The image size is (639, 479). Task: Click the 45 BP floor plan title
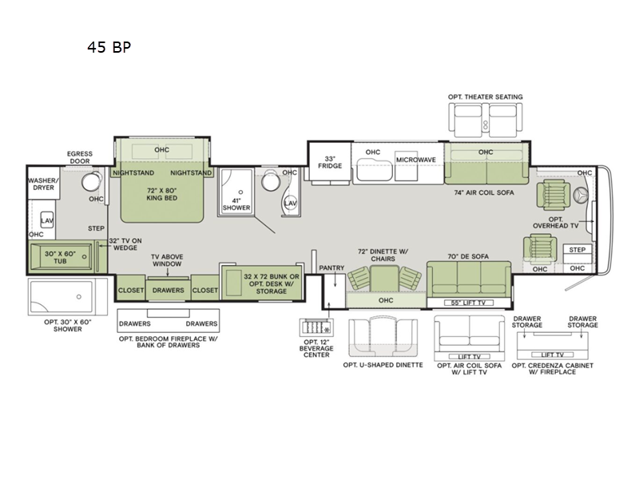(109, 47)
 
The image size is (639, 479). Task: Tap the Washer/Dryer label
(43, 184)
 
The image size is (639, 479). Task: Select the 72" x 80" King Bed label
(162, 194)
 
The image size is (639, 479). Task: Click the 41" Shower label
(236, 204)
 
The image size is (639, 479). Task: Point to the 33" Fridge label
(330, 162)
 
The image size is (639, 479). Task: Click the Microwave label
(415, 160)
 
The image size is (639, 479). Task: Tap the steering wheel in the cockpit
(580, 195)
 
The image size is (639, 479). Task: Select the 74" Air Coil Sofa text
(484, 192)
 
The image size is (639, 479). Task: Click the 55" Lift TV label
(468, 303)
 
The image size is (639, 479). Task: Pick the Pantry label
(331, 267)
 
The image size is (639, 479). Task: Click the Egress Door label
(79, 157)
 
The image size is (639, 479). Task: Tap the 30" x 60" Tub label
(60, 257)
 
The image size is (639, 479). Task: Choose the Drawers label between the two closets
(168, 291)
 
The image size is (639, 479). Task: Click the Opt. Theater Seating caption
(485, 97)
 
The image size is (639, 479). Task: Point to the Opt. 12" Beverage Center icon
(316, 327)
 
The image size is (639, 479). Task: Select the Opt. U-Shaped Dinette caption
(383, 365)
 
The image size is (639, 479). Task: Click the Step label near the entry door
(577, 250)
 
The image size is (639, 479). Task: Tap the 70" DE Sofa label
(468, 256)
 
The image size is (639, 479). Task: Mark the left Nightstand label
(133, 172)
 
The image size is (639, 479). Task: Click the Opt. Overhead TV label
(555, 223)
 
